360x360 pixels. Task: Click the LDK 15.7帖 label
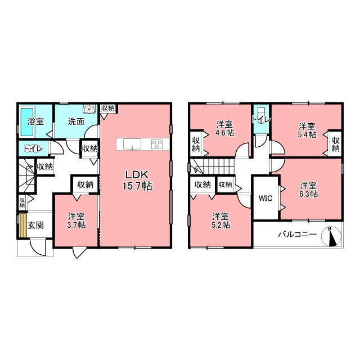137,181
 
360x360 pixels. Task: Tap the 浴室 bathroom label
35,121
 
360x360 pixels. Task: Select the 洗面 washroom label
76,121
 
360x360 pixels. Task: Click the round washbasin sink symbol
90,109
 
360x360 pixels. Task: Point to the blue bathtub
28,122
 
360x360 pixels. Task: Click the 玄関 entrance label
35,225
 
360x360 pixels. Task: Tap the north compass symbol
331,236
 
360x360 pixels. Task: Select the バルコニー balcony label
298,234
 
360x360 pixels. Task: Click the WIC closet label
265,198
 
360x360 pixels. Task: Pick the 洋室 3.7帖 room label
76,220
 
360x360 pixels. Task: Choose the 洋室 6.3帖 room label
308,190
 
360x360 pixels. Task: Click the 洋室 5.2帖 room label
220,220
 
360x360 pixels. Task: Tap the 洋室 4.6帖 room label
224,129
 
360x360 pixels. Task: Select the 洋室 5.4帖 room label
307,130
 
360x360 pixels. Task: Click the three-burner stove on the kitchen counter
157,144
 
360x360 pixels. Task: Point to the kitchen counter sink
132,144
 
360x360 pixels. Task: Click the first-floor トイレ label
34,148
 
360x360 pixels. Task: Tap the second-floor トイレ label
261,119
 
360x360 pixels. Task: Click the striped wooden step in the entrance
22,225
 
